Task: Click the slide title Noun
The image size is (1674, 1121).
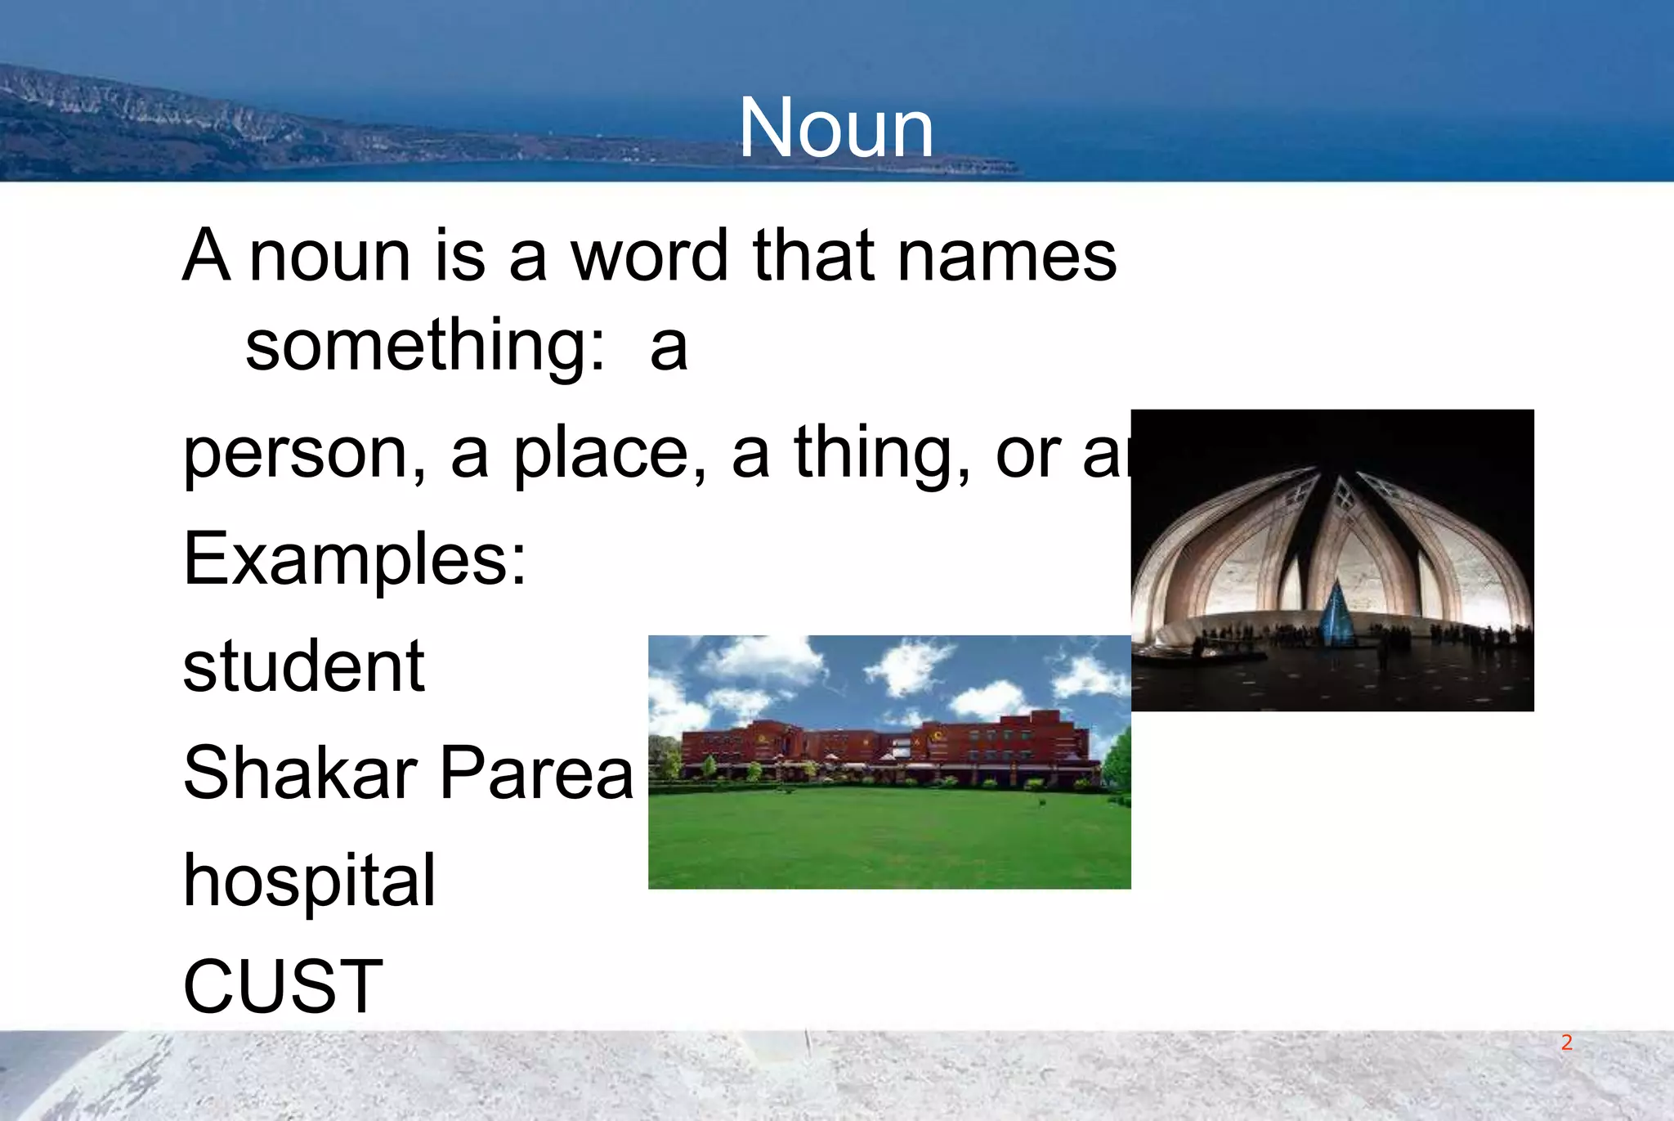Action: click(x=835, y=128)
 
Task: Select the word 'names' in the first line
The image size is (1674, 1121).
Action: click(x=1007, y=257)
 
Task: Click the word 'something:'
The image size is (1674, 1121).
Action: click(x=425, y=347)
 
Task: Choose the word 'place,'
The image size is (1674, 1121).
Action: click(x=610, y=455)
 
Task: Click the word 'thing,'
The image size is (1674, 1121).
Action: click(x=883, y=455)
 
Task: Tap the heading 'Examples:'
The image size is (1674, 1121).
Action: click(x=355, y=559)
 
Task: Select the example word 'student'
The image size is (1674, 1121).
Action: click(x=303, y=666)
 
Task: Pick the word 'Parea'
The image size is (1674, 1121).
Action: click(x=536, y=773)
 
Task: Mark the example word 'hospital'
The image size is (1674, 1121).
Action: click(x=309, y=881)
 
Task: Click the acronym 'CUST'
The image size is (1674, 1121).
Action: click(x=283, y=987)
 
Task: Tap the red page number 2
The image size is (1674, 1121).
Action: click(x=1566, y=1043)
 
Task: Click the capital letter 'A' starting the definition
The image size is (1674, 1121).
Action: click(x=205, y=257)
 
